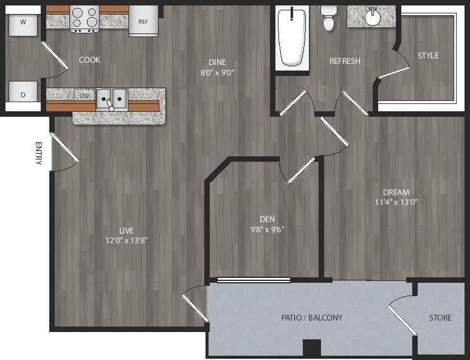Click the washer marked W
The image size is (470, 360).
(x=23, y=23)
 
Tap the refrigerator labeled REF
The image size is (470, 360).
(x=143, y=22)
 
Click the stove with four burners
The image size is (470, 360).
(x=85, y=18)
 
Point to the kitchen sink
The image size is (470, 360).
(x=111, y=97)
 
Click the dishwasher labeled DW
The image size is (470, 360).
(x=83, y=95)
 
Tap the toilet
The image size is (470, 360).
(x=329, y=18)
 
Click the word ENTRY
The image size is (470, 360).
(x=39, y=153)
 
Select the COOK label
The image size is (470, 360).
(x=89, y=60)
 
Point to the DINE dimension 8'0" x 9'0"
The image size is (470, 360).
(x=217, y=72)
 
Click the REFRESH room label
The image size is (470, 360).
(x=345, y=61)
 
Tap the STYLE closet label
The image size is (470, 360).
(x=428, y=55)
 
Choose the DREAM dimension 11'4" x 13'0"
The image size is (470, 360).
(x=396, y=202)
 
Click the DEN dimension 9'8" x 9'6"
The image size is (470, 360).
(x=267, y=229)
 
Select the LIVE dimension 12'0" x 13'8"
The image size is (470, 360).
(x=126, y=240)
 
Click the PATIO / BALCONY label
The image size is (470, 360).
(x=312, y=317)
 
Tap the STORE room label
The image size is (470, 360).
(x=440, y=317)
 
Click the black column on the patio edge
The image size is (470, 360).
(x=311, y=348)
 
